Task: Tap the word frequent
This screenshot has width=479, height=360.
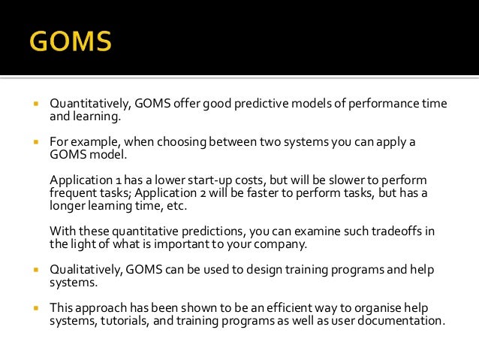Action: click(x=74, y=194)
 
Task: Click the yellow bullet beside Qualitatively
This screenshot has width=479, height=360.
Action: click(x=35, y=269)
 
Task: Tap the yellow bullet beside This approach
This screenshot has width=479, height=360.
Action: click(x=35, y=308)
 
